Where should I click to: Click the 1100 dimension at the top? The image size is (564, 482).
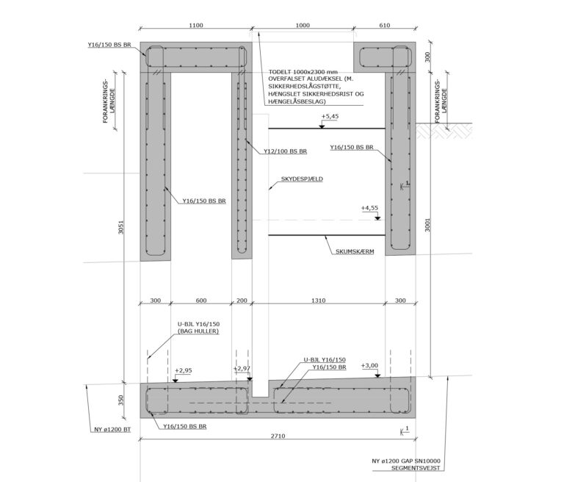coord(195,25)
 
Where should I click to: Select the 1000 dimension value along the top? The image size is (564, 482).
coord(303,25)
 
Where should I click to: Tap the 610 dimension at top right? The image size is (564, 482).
coord(385,25)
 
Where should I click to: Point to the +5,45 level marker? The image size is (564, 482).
coord(330,117)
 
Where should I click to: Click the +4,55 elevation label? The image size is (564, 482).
coord(369,208)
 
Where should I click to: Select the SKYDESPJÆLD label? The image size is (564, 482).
coord(302,179)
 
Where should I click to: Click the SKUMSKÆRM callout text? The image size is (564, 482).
coord(355,251)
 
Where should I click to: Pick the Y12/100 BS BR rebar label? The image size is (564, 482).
coord(285,151)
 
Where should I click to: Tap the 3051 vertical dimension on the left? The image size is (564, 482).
coord(121,227)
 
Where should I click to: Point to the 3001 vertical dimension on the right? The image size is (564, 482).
coord(427,225)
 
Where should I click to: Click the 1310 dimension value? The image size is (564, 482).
coord(318,301)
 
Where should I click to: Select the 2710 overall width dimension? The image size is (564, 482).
coord(278,436)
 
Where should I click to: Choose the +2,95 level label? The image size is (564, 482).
coord(184,370)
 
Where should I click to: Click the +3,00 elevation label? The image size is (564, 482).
coord(370,366)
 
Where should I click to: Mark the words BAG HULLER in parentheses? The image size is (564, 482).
coord(198,331)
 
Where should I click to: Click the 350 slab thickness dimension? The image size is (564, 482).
coord(121,400)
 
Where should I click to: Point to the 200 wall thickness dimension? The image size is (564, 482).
coord(242,301)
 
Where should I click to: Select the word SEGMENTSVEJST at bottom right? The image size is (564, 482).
coord(416,468)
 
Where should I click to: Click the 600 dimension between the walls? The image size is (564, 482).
coord(201,301)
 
